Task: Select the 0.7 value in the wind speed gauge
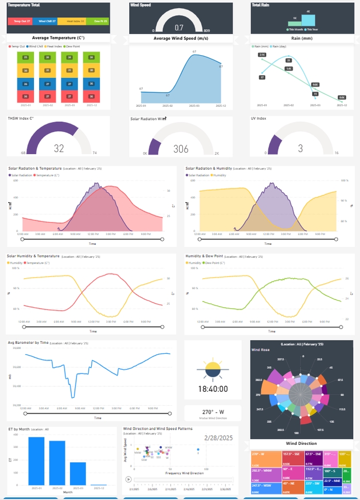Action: pos(179,28)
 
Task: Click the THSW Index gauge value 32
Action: pos(59,148)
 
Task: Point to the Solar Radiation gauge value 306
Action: pos(181,149)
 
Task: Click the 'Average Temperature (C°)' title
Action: pos(58,38)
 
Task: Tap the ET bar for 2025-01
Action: pos(36,461)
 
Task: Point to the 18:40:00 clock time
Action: pos(213,389)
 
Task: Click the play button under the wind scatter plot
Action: pos(128,479)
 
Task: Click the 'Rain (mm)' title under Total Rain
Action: pos(302,38)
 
